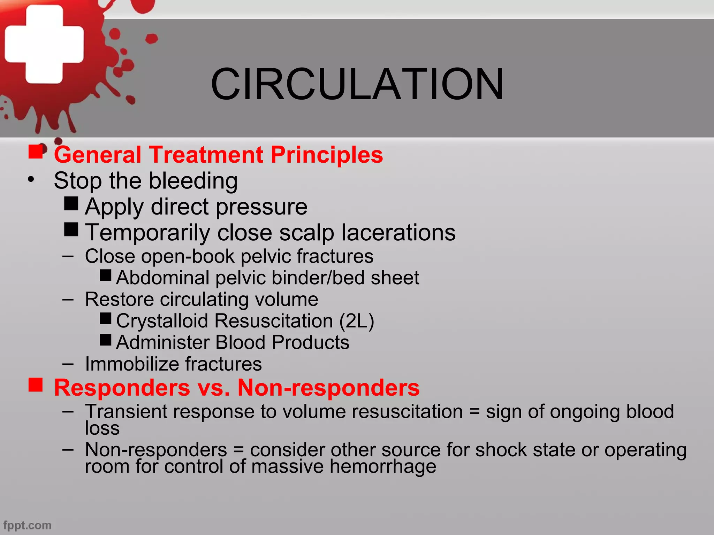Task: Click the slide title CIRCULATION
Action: pyautogui.click(x=357, y=84)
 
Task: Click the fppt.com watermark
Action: pyautogui.click(x=28, y=525)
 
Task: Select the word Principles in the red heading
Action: pyautogui.click(x=327, y=155)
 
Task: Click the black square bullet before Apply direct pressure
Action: pyautogui.click(x=71, y=204)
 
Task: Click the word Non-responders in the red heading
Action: pyautogui.click(x=328, y=388)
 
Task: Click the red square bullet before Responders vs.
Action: pyautogui.click(x=36, y=385)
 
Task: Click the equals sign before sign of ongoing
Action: pyautogui.click(x=474, y=412)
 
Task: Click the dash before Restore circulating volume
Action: pyautogui.click(x=68, y=300)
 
